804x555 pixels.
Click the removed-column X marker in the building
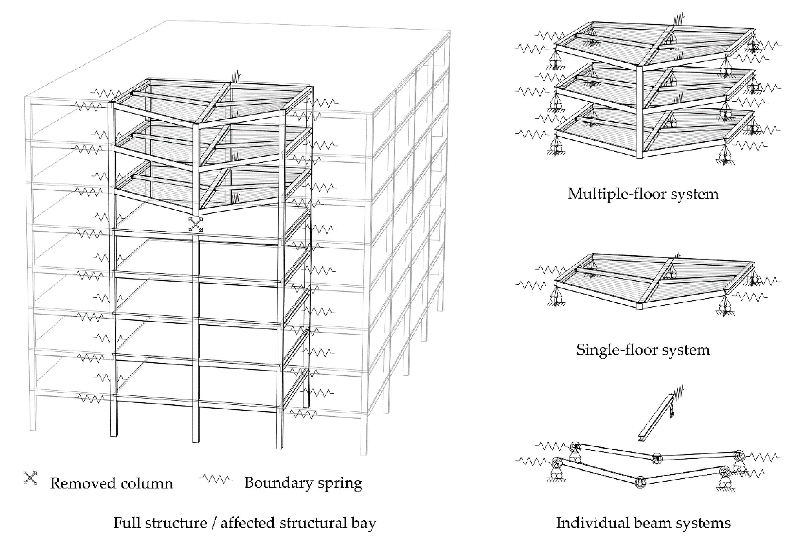[196, 224]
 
